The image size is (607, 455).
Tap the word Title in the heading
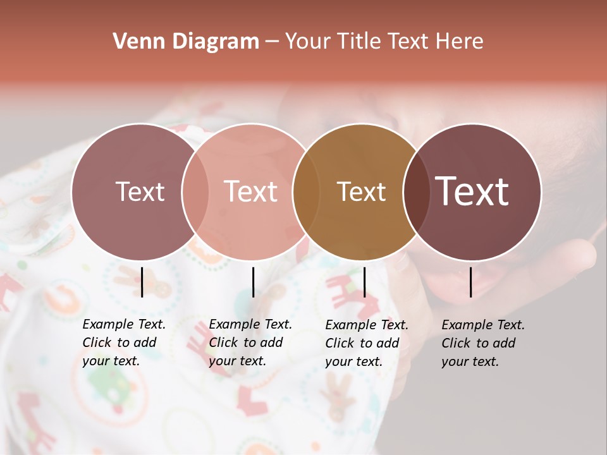[360, 42]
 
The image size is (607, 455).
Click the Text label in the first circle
[140, 191]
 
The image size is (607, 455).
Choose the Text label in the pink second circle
[250, 191]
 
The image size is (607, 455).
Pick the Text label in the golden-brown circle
[361, 191]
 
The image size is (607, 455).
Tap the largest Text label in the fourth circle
[472, 191]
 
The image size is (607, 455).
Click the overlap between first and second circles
[195, 191]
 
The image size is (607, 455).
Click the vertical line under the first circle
[142, 282]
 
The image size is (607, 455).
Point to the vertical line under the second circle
[253, 282]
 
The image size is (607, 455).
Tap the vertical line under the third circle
[364, 282]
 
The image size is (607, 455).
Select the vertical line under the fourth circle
[471, 282]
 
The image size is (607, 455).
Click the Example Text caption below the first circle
[124, 343]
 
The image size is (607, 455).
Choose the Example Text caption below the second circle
[250, 343]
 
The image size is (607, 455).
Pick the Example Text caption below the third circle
[367, 343]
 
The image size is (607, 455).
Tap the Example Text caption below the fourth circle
[483, 343]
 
